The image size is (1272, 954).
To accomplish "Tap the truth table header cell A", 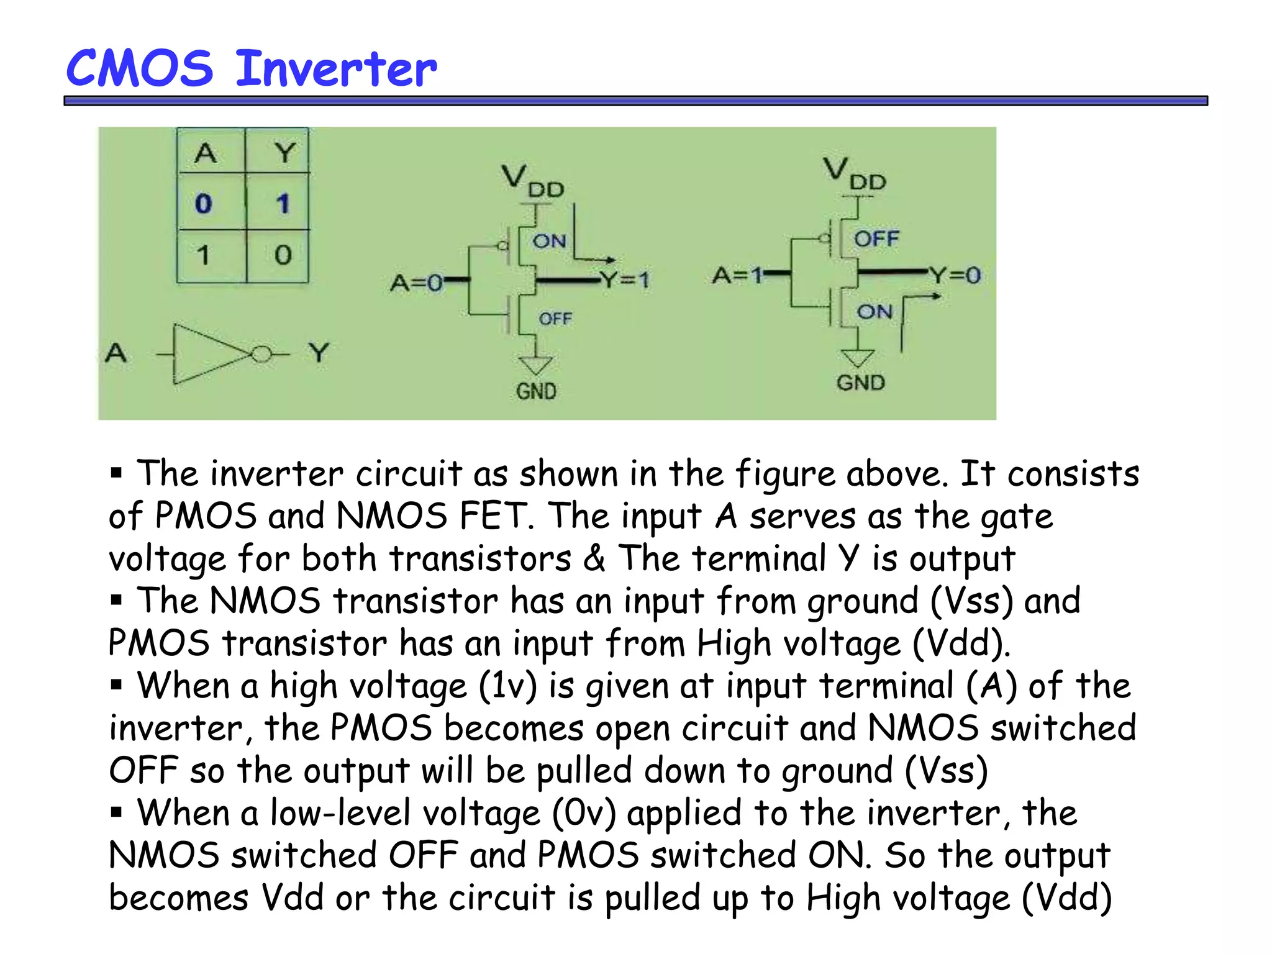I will [206, 152].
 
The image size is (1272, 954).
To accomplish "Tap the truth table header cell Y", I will [284, 152].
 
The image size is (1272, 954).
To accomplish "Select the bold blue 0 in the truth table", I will [204, 204].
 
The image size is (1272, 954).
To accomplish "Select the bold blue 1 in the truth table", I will [283, 204].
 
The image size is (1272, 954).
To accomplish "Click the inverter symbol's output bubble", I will [261, 355].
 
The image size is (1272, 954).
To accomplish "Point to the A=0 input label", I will [416, 283].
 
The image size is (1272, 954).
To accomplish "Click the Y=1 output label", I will [625, 279].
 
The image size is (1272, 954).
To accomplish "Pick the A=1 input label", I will [738, 275].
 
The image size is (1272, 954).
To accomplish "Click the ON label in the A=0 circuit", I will [549, 241].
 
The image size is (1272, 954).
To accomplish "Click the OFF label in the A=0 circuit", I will [555, 319].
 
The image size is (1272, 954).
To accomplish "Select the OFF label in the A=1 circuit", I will [876, 238].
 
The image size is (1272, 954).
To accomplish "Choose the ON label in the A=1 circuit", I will [874, 311].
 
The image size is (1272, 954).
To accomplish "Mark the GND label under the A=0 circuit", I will [536, 391].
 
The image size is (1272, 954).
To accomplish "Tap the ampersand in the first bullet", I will [594, 557].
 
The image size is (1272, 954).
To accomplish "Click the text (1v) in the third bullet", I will [507, 686].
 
